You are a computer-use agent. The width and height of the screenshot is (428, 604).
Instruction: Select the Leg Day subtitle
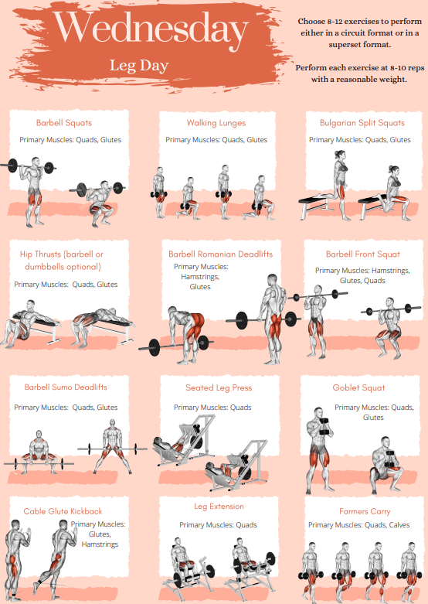(x=139, y=66)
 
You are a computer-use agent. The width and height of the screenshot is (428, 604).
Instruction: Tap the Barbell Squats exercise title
(x=64, y=123)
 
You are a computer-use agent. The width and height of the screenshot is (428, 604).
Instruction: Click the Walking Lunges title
(x=216, y=123)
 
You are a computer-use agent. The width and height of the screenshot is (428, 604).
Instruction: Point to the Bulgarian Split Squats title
(x=362, y=123)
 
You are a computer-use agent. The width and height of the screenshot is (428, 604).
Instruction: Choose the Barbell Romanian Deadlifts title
(x=220, y=254)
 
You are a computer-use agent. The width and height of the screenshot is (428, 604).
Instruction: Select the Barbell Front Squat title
(x=362, y=254)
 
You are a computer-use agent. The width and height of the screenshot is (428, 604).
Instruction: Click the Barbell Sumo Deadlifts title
(x=66, y=387)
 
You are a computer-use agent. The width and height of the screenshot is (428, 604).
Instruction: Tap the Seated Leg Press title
(x=219, y=387)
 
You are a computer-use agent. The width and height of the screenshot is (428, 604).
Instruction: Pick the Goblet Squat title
(x=358, y=387)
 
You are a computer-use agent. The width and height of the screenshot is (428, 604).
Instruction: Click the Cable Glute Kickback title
(x=63, y=511)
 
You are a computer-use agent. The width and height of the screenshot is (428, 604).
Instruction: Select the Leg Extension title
(x=219, y=507)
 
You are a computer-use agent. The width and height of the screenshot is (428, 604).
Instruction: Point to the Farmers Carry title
(x=365, y=511)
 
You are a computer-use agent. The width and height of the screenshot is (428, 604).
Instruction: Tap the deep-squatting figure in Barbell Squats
(x=97, y=201)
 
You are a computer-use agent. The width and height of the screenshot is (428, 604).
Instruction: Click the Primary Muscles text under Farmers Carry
(x=360, y=525)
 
